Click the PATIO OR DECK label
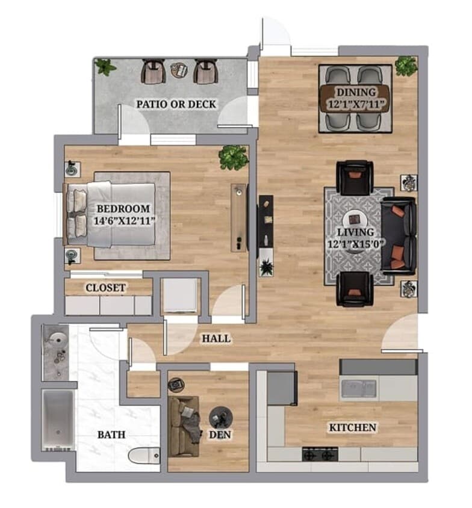[x=176, y=104]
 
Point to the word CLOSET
[x=105, y=288]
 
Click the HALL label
[x=216, y=338]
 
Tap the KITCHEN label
[x=352, y=427]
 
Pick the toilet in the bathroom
[x=143, y=456]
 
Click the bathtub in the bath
[x=58, y=420]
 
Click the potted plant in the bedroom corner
[x=233, y=157]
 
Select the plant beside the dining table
[x=406, y=66]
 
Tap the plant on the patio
[x=105, y=67]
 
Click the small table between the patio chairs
[x=179, y=70]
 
